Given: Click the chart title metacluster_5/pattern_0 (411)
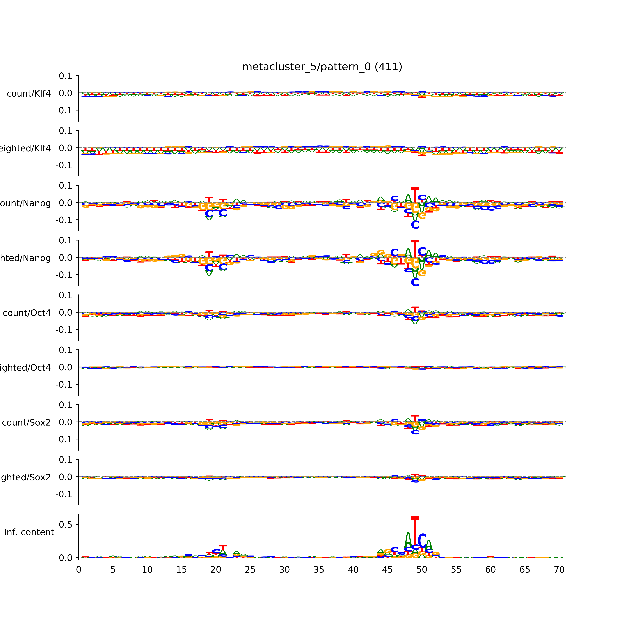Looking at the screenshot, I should [x=322, y=67].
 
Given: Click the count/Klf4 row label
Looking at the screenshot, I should [x=29, y=94].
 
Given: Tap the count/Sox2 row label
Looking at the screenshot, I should [x=26, y=423].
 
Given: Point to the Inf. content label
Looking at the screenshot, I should [x=29, y=532].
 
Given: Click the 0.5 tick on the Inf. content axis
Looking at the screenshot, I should [x=65, y=524].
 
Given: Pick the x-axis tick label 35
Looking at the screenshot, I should [x=319, y=570].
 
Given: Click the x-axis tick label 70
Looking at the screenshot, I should [x=559, y=570].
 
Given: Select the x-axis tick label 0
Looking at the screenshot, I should [x=78, y=570].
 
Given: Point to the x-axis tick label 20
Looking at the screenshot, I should [x=216, y=570].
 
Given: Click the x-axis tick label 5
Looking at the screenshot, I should [x=113, y=570].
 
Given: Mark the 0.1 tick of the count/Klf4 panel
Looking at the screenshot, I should [x=65, y=76].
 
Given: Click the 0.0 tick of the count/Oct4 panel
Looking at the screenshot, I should [x=65, y=313].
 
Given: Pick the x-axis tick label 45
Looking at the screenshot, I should [x=387, y=570].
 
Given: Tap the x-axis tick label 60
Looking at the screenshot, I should [x=490, y=570].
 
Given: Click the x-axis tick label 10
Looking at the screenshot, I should [x=147, y=570].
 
